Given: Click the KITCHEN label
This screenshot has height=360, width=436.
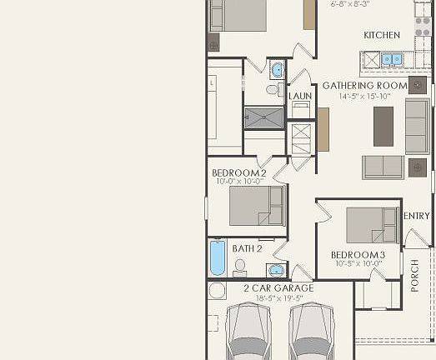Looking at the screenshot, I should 382,36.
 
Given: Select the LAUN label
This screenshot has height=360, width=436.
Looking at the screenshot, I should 300,96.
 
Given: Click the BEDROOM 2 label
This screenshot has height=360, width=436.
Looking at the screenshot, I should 239,172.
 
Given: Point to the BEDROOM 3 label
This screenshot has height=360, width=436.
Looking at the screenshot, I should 358,255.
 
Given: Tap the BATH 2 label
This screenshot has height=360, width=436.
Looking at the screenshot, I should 248,248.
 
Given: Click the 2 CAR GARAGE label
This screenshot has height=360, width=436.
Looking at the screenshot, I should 278,288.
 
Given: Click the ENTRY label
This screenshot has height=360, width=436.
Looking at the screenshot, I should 416,217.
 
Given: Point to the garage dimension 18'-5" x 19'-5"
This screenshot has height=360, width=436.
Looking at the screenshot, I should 278,298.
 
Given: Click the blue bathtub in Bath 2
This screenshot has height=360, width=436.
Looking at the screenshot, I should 218,257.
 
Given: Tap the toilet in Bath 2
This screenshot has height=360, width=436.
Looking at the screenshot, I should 240,267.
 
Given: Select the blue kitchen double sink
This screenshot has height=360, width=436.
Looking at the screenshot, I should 391,59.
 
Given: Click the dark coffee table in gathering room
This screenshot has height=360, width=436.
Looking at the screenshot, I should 383,126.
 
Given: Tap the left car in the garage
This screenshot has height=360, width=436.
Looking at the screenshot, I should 249,332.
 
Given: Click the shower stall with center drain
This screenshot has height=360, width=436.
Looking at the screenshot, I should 263,117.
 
